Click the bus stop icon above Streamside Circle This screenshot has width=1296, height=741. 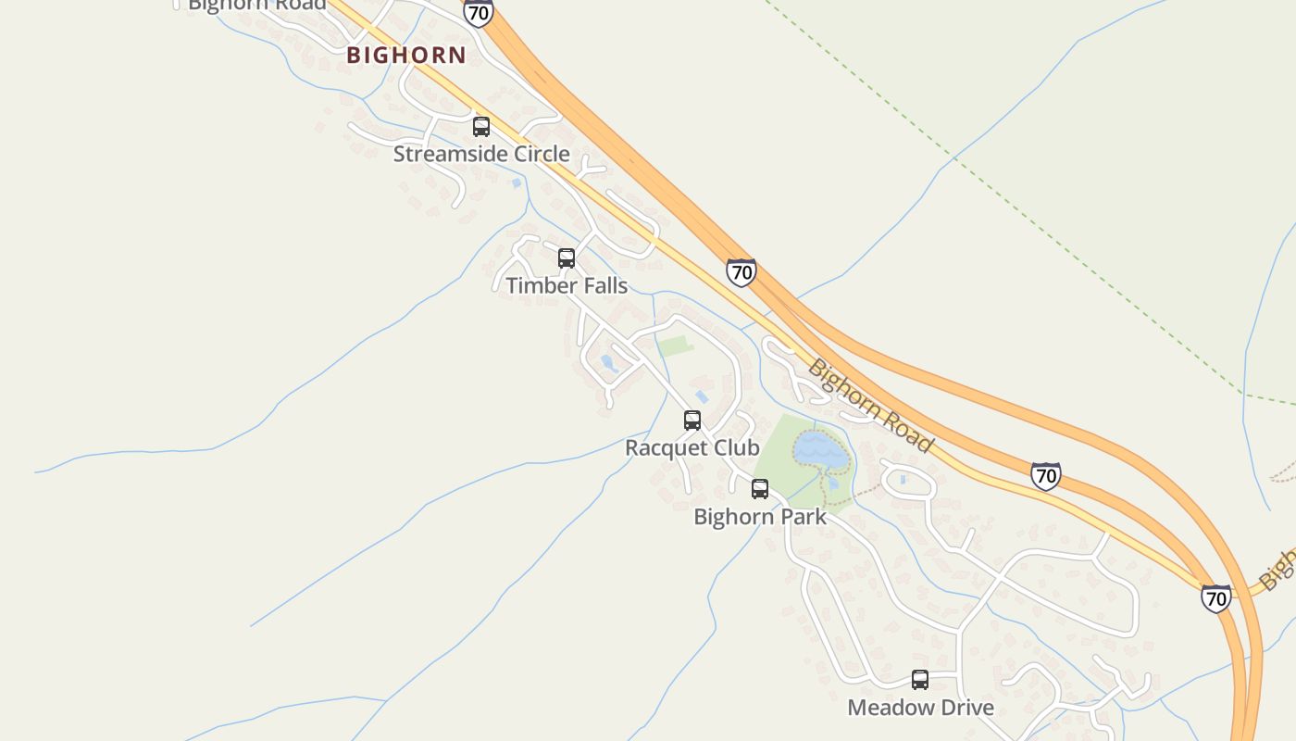point(481,127)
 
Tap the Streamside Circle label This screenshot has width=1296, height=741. point(481,154)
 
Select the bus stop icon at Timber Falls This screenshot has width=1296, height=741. point(567,258)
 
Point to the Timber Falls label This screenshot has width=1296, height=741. point(567,285)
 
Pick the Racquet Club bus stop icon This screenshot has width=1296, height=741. point(692,421)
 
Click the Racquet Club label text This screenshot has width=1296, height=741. point(692,447)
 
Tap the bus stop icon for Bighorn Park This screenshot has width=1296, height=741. point(760,489)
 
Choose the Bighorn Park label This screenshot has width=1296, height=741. point(760,516)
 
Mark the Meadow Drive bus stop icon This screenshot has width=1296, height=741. point(920,680)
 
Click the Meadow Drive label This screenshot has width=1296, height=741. point(920,708)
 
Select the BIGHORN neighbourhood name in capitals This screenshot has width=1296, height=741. point(406,55)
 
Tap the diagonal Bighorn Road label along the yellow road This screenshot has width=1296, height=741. point(869,406)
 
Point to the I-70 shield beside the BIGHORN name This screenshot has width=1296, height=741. point(479,13)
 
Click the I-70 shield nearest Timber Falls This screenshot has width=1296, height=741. point(741,272)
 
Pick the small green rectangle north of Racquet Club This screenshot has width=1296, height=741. point(675,346)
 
